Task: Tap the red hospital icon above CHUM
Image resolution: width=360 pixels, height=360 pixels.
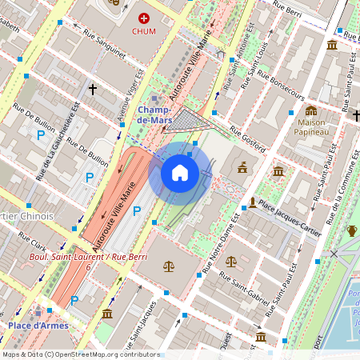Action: [x=144, y=18]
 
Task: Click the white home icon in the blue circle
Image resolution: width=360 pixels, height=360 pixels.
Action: [x=180, y=173]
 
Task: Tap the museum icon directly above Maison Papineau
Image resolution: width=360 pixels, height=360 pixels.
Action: [x=310, y=110]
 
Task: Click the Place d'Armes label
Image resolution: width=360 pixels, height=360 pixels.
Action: [x=38, y=326]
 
